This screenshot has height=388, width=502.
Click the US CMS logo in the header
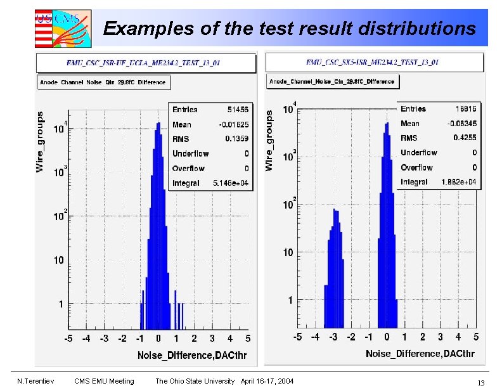pyautogui.click(x=62, y=28)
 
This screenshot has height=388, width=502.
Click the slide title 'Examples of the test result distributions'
pyautogui.click(x=289, y=29)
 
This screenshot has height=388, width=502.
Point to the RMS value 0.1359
pyautogui.click(x=236, y=139)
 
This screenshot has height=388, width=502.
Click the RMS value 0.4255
pyautogui.click(x=465, y=138)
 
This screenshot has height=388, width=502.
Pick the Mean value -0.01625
pyautogui.click(x=233, y=124)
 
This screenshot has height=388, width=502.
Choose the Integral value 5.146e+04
pyautogui.click(x=230, y=183)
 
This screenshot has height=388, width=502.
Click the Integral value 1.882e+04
pyautogui.click(x=459, y=182)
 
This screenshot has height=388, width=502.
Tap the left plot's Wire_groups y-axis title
pyautogui.click(x=41, y=142)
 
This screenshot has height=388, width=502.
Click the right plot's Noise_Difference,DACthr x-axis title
pyautogui.click(x=421, y=353)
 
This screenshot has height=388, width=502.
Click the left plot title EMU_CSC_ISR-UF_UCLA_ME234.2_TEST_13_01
pyautogui.click(x=143, y=63)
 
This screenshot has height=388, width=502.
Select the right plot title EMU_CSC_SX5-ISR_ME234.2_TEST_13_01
pyautogui.click(x=372, y=62)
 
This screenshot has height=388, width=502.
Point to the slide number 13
pyautogui.click(x=481, y=382)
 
